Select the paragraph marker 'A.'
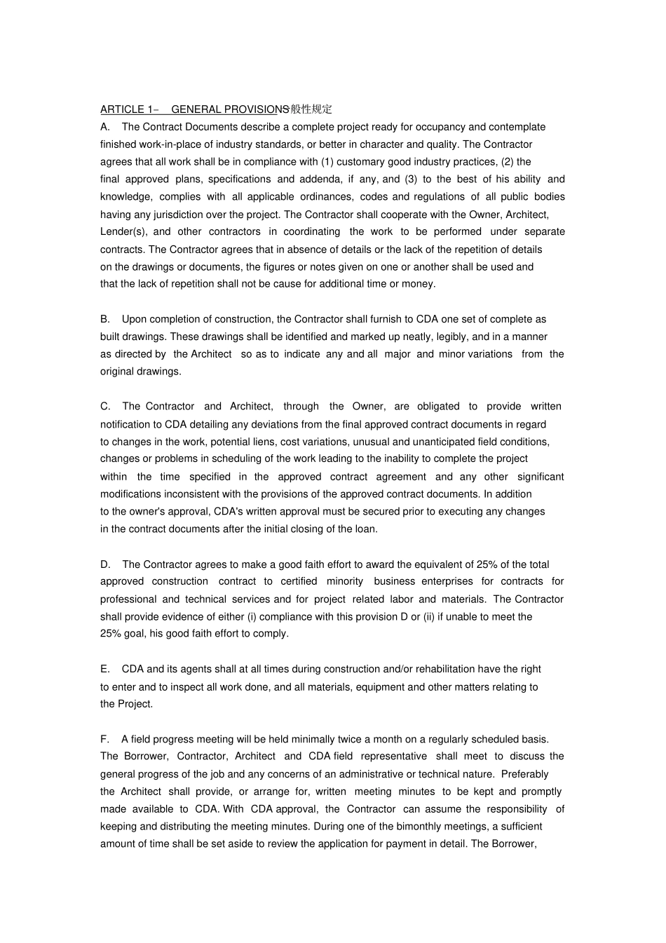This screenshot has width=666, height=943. pos(105,127)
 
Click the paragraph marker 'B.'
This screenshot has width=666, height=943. pos(105,319)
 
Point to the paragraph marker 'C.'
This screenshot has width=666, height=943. pos(106,406)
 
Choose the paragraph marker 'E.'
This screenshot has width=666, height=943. pos(105,669)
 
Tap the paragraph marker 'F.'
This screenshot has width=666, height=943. pos(105,739)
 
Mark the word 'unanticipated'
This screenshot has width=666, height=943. pos(444,442)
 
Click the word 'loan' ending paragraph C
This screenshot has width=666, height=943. pos(365,529)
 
